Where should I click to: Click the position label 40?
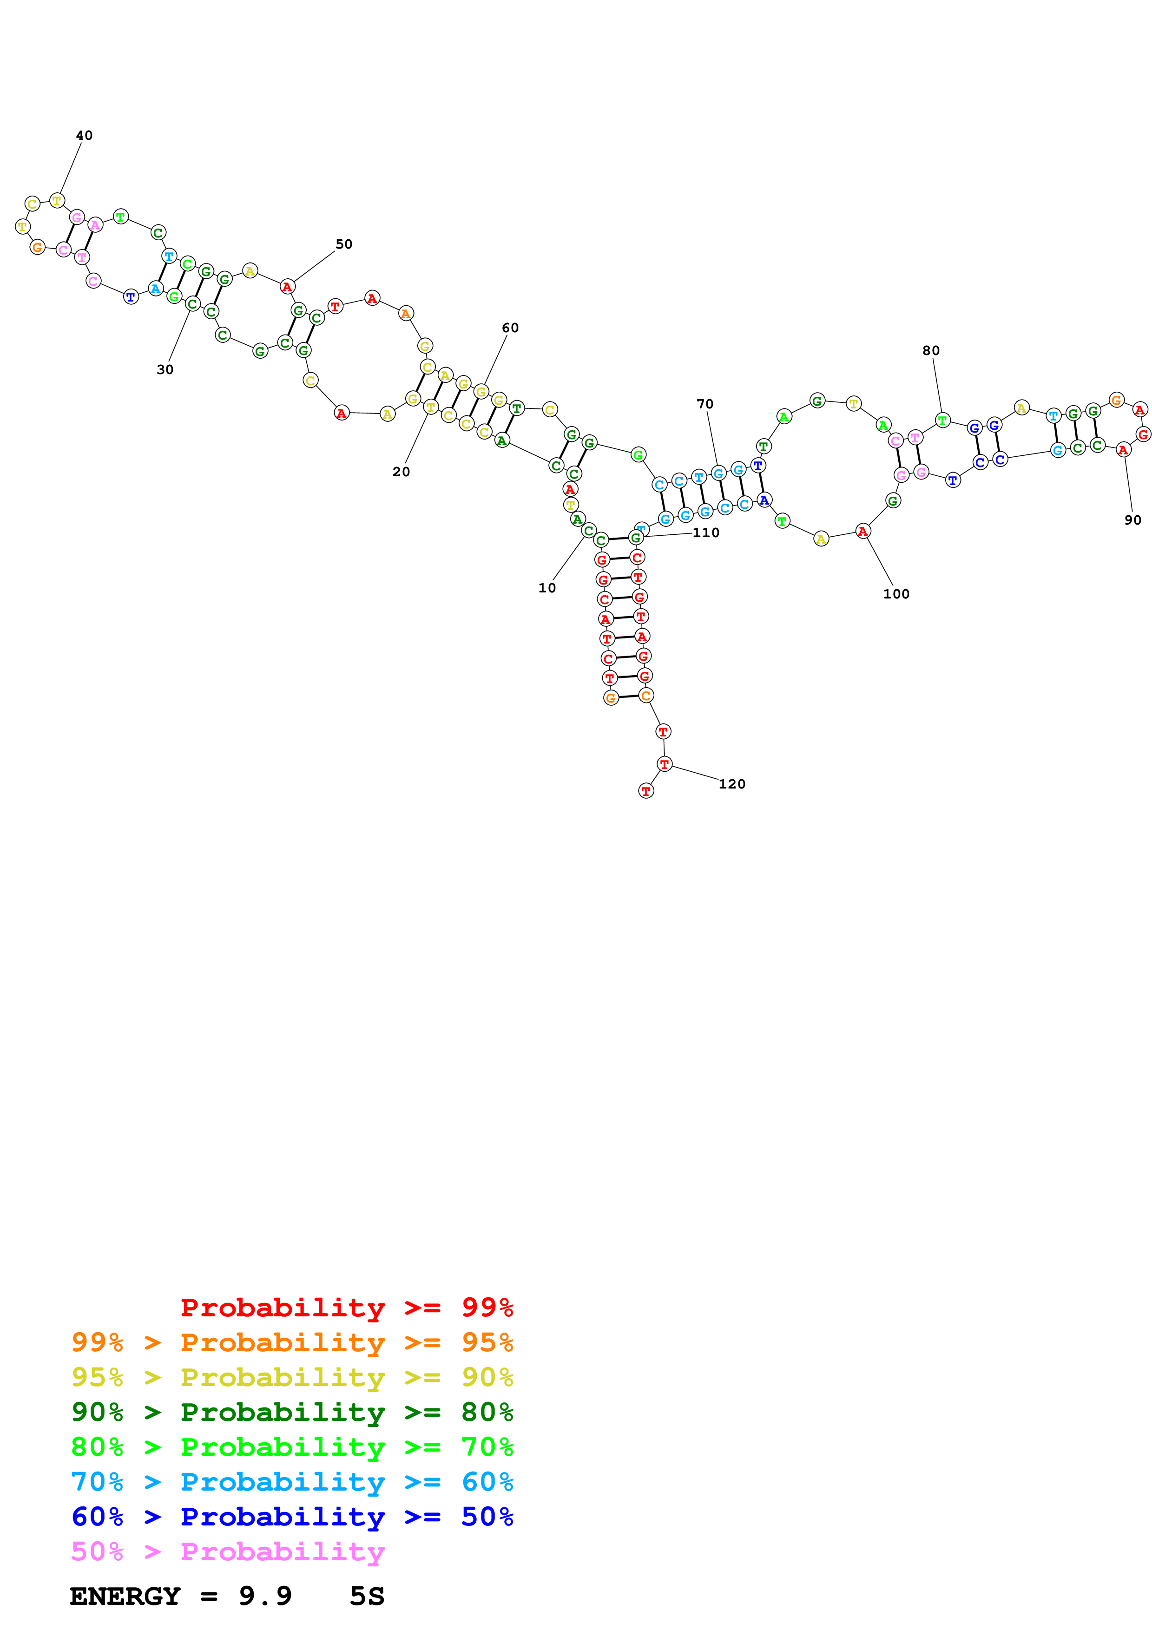click(x=84, y=136)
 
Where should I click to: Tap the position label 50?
click(x=343, y=244)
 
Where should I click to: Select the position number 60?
click(x=510, y=328)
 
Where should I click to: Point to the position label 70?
click(x=704, y=404)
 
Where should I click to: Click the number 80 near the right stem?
click(x=930, y=351)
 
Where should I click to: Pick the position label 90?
click(x=1132, y=520)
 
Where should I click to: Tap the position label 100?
click(x=896, y=594)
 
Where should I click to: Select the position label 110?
click(x=705, y=533)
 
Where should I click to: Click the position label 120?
click(x=732, y=784)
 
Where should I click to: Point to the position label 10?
click(x=546, y=588)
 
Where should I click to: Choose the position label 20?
click(x=401, y=472)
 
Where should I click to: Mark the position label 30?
click(x=165, y=370)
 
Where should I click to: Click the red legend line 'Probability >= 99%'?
click(x=346, y=1308)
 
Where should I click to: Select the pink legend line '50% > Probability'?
click(x=228, y=1552)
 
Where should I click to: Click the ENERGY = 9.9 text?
click(x=180, y=1597)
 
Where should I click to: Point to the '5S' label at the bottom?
click(x=366, y=1597)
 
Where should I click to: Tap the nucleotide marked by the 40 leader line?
click(x=57, y=201)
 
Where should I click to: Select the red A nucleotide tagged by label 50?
click(x=287, y=287)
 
